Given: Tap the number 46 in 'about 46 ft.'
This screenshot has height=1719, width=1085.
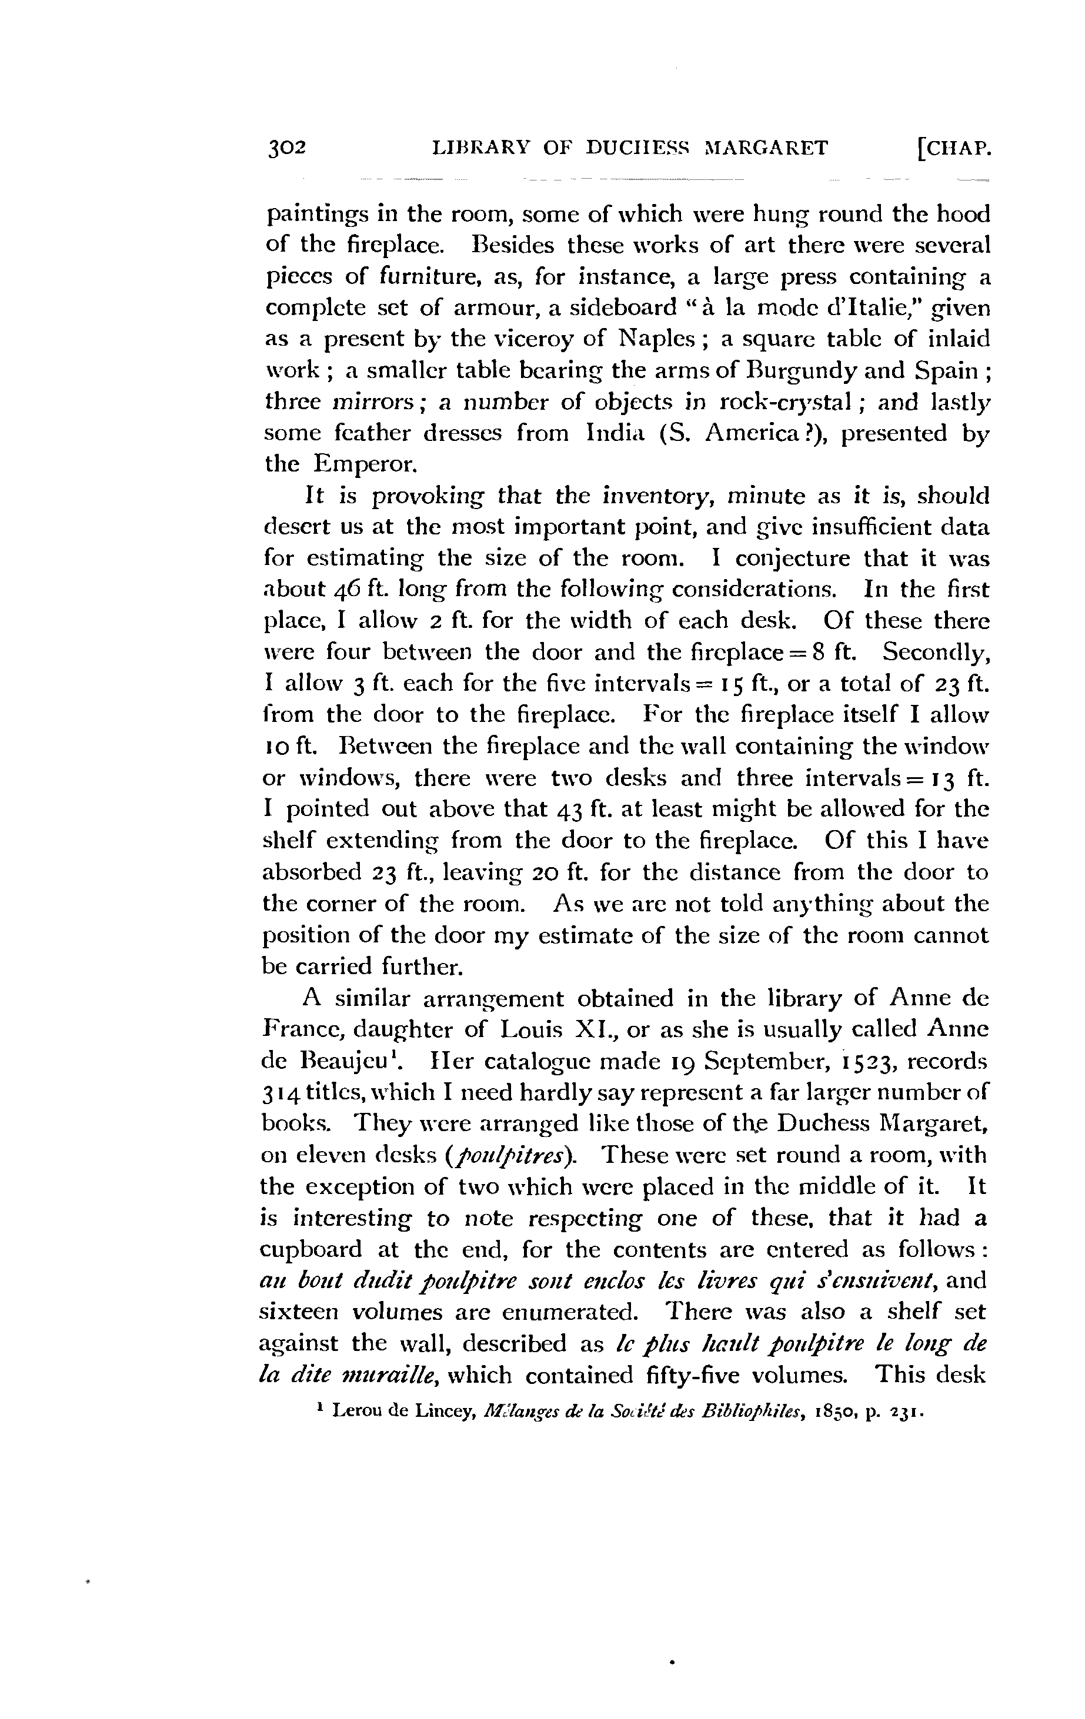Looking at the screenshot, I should click(x=349, y=590).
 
